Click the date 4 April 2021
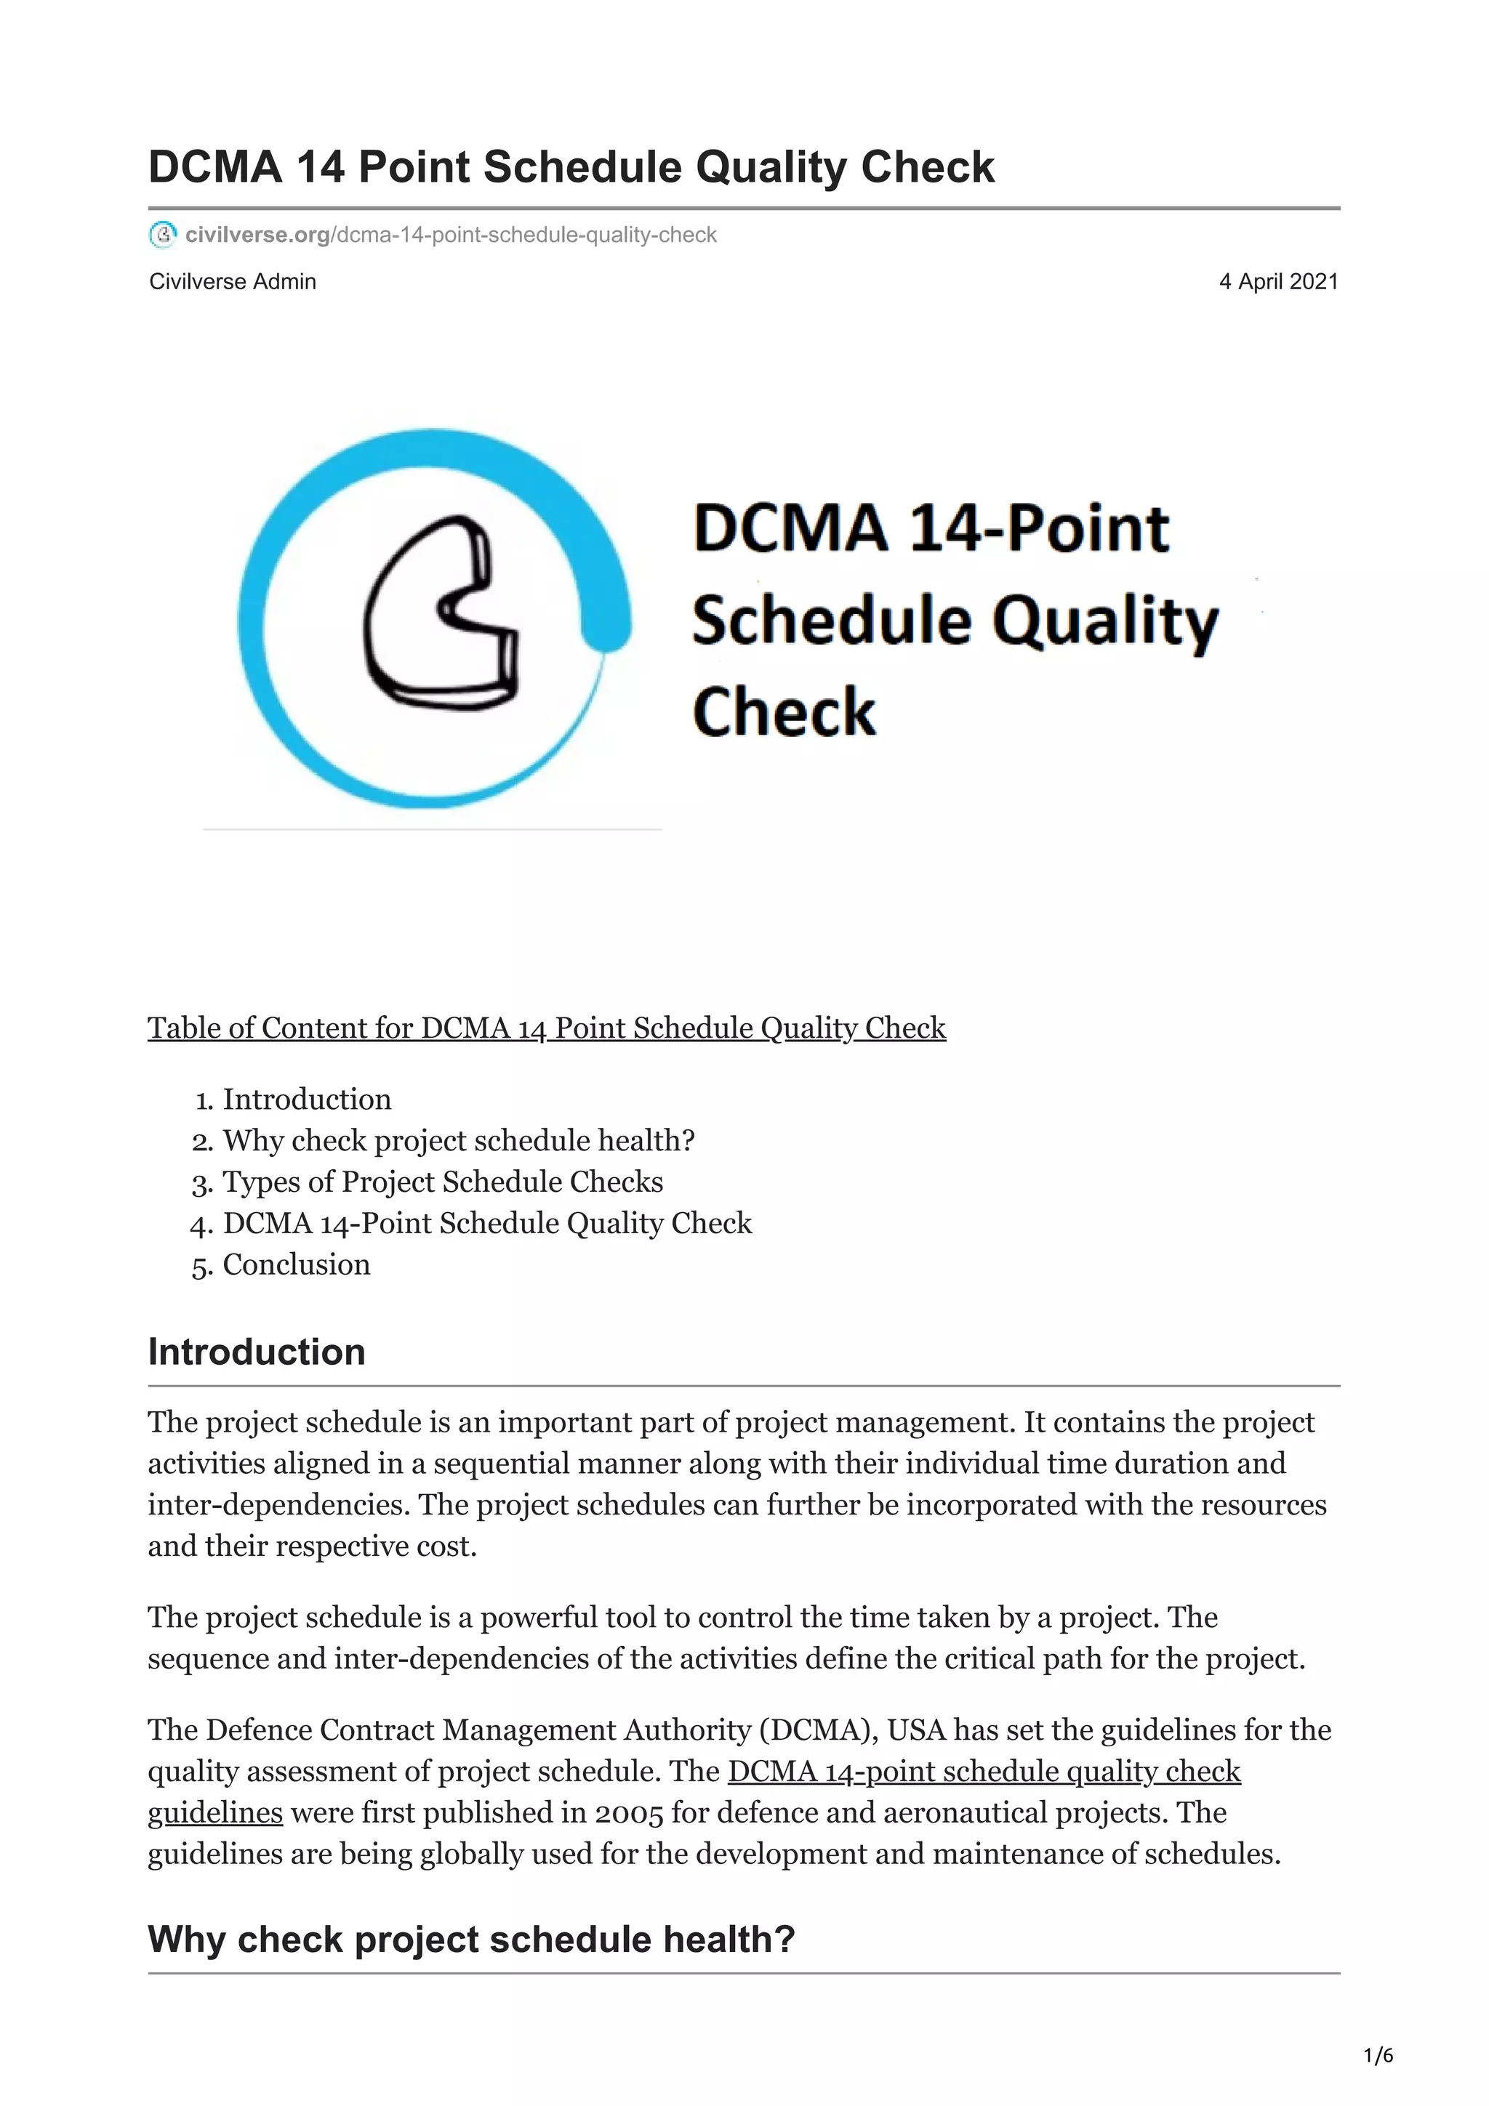point(1277,281)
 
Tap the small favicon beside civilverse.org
point(162,235)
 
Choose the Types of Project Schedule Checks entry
point(442,1182)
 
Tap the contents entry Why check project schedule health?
point(459,1140)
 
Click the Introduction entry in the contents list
point(306,1099)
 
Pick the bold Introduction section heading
point(257,1352)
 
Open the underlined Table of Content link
point(547,1028)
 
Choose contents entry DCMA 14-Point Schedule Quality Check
point(487,1223)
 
